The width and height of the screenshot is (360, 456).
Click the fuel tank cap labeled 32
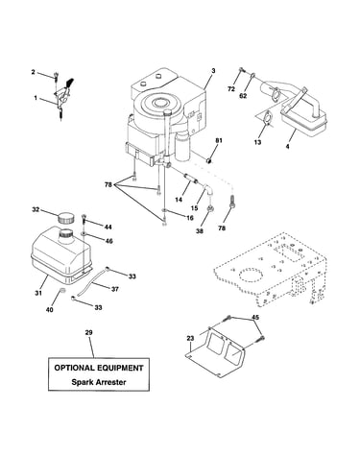point(65,219)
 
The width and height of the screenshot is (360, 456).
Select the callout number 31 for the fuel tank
point(38,293)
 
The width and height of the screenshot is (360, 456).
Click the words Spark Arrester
point(99,382)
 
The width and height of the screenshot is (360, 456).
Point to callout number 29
point(89,333)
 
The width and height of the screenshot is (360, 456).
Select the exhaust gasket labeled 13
point(267,117)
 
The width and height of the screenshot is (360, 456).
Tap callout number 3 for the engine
point(213,71)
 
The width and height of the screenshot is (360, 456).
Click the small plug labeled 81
point(209,159)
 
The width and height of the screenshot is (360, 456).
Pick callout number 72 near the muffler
point(231,89)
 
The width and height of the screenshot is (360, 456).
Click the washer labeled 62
point(252,76)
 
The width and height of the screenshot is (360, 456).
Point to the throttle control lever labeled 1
point(63,96)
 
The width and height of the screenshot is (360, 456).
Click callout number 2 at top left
point(34,72)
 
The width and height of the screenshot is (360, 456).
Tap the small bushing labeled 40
point(62,291)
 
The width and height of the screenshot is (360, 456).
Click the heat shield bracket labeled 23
point(217,352)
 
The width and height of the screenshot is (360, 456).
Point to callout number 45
point(255,318)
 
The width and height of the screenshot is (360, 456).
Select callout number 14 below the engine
point(179,200)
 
